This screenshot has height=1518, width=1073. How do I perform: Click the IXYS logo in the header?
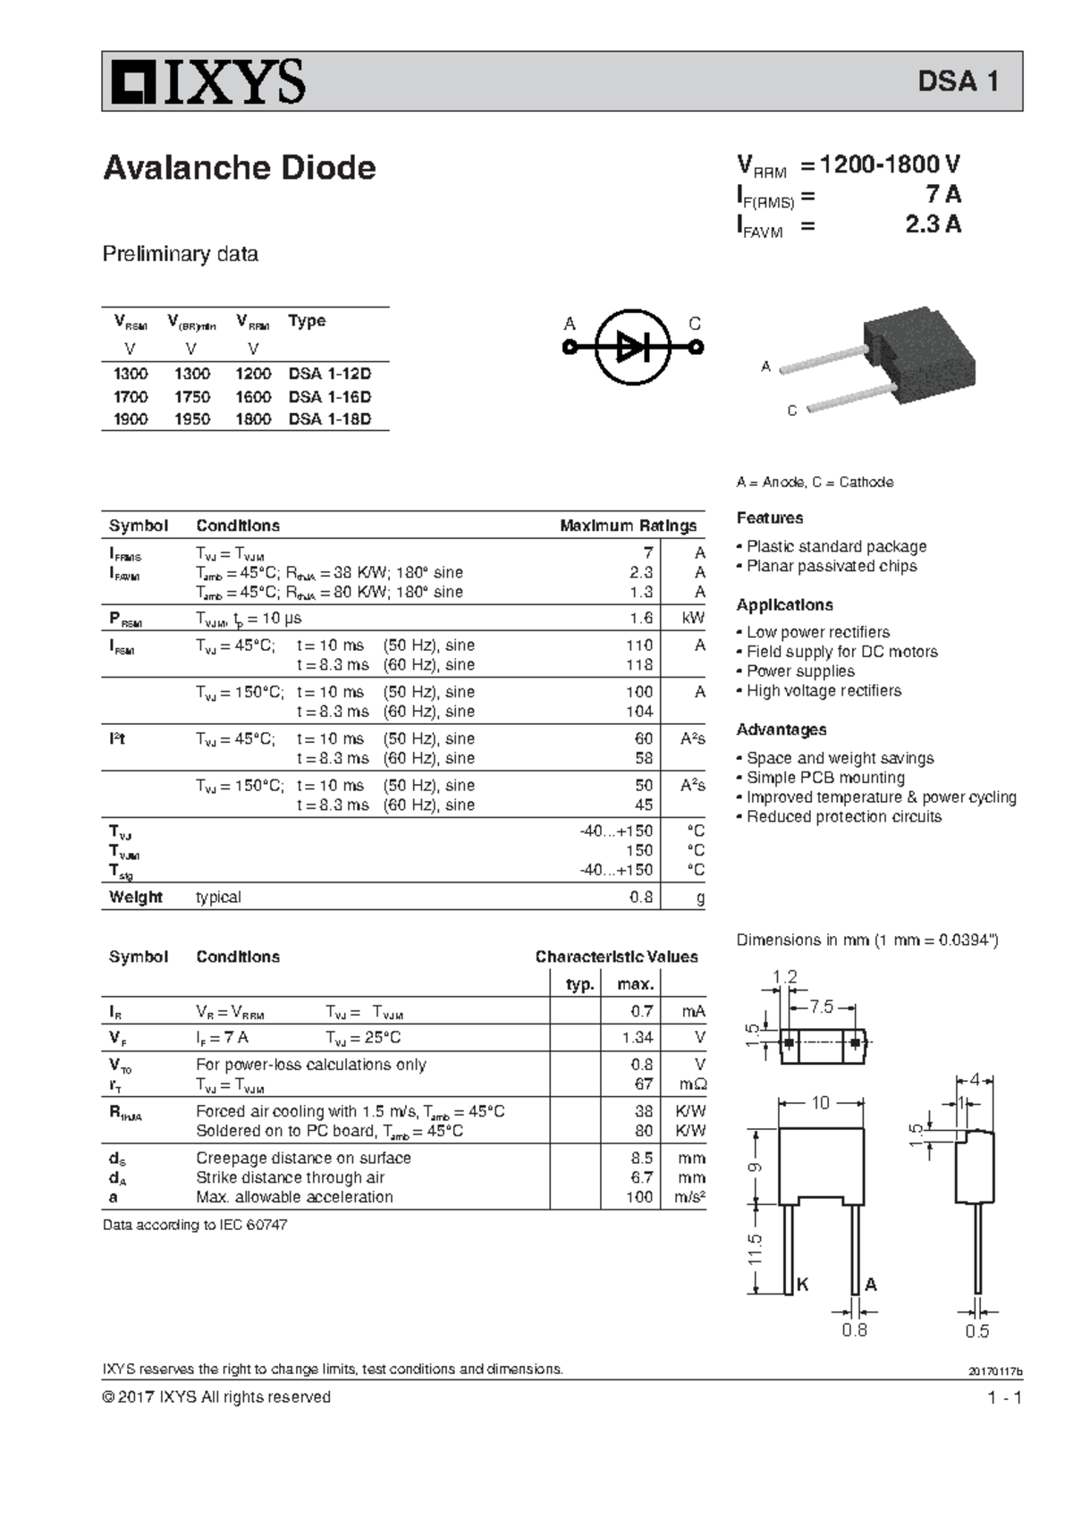(x=207, y=82)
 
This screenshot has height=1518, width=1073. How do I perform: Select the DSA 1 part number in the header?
(x=958, y=81)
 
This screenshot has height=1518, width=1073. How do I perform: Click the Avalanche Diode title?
(x=239, y=168)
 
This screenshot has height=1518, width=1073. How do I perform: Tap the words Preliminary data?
(x=180, y=254)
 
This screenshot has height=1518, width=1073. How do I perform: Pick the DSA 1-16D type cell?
(x=329, y=397)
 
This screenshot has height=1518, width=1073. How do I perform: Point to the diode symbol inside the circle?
(x=632, y=347)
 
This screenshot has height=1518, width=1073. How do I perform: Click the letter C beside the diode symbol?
(x=695, y=325)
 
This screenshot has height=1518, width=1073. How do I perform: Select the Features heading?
(x=769, y=518)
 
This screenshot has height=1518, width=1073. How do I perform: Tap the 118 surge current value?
(x=639, y=665)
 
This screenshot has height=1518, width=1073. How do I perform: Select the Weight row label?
(x=136, y=897)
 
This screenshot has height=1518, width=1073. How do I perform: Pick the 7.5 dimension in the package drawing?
(x=821, y=1008)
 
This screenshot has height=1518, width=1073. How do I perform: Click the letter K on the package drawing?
(x=802, y=1285)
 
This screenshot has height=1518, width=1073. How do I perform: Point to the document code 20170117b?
(x=994, y=1371)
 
